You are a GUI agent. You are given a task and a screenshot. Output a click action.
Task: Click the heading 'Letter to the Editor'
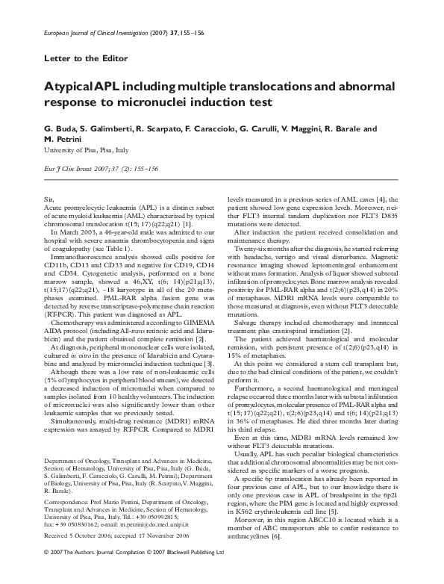tap(87, 58)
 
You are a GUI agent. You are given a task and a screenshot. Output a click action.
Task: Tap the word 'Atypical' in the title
tap(72, 87)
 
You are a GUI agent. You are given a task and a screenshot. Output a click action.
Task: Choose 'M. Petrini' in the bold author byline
tap(62, 139)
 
